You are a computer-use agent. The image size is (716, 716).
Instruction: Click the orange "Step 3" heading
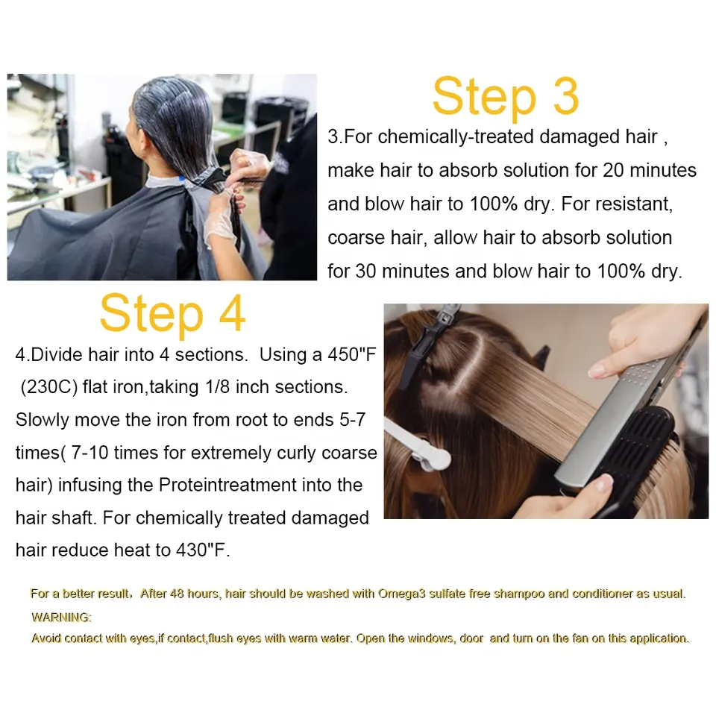pyautogui.click(x=506, y=96)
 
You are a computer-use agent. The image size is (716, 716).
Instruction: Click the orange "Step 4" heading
pyautogui.click(x=172, y=314)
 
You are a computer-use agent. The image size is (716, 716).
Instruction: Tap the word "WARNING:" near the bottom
pyautogui.click(x=61, y=618)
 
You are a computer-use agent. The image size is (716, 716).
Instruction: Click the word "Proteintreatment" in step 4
pyautogui.click(x=228, y=485)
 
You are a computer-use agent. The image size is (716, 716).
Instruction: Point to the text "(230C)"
pyautogui.click(x=49, y=387)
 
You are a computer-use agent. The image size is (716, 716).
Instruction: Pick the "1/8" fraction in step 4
pyautogui.click(x=217, y=387)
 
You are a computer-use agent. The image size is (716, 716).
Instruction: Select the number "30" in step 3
pyautogui.click(x=365, y=271)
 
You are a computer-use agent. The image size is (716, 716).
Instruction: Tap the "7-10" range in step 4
pyautogui.click(x=90, y=453)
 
